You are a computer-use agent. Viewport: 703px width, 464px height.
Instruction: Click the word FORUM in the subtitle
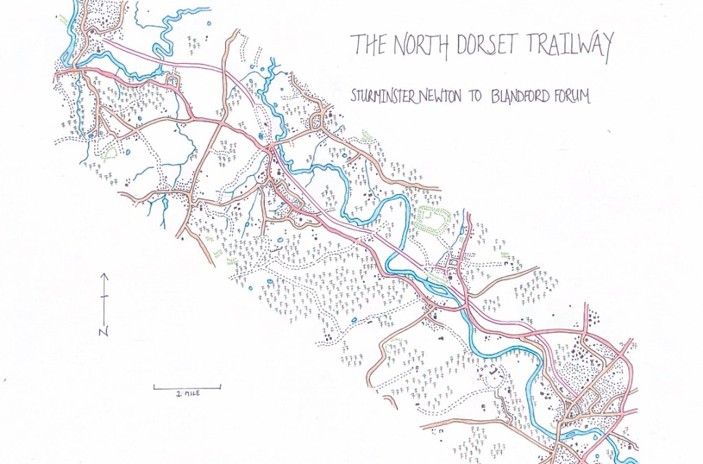coord(573,97)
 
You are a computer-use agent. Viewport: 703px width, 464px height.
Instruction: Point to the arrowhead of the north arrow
coord(104,275)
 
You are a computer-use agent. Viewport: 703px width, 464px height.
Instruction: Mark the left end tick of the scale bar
coord(154,387)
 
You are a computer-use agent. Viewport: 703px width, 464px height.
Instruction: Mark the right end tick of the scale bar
coord(220,387)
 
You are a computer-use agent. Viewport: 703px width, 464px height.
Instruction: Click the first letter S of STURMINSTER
coord(353,97)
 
